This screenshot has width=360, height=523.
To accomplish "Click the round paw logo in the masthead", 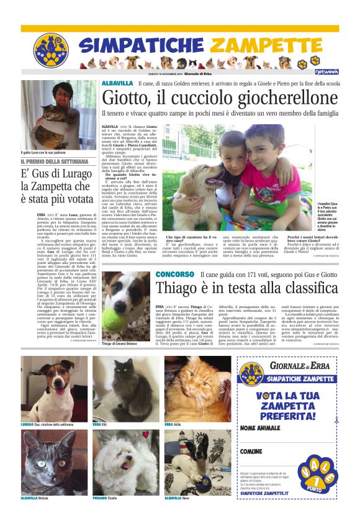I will click(x=51, y=50).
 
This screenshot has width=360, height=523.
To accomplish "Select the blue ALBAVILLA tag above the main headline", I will click(x=117, y=83).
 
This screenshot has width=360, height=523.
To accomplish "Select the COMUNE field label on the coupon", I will click(x=251, y=451).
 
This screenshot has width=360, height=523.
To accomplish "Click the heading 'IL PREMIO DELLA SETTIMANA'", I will click(x=53, y=162).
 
